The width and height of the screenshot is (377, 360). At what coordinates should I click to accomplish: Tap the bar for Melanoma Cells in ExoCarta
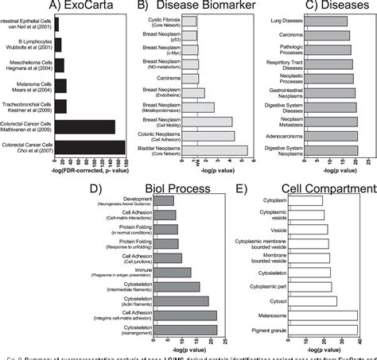(x=60, y=84)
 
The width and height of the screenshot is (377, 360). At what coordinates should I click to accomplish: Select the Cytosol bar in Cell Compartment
(x=312, y=301)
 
